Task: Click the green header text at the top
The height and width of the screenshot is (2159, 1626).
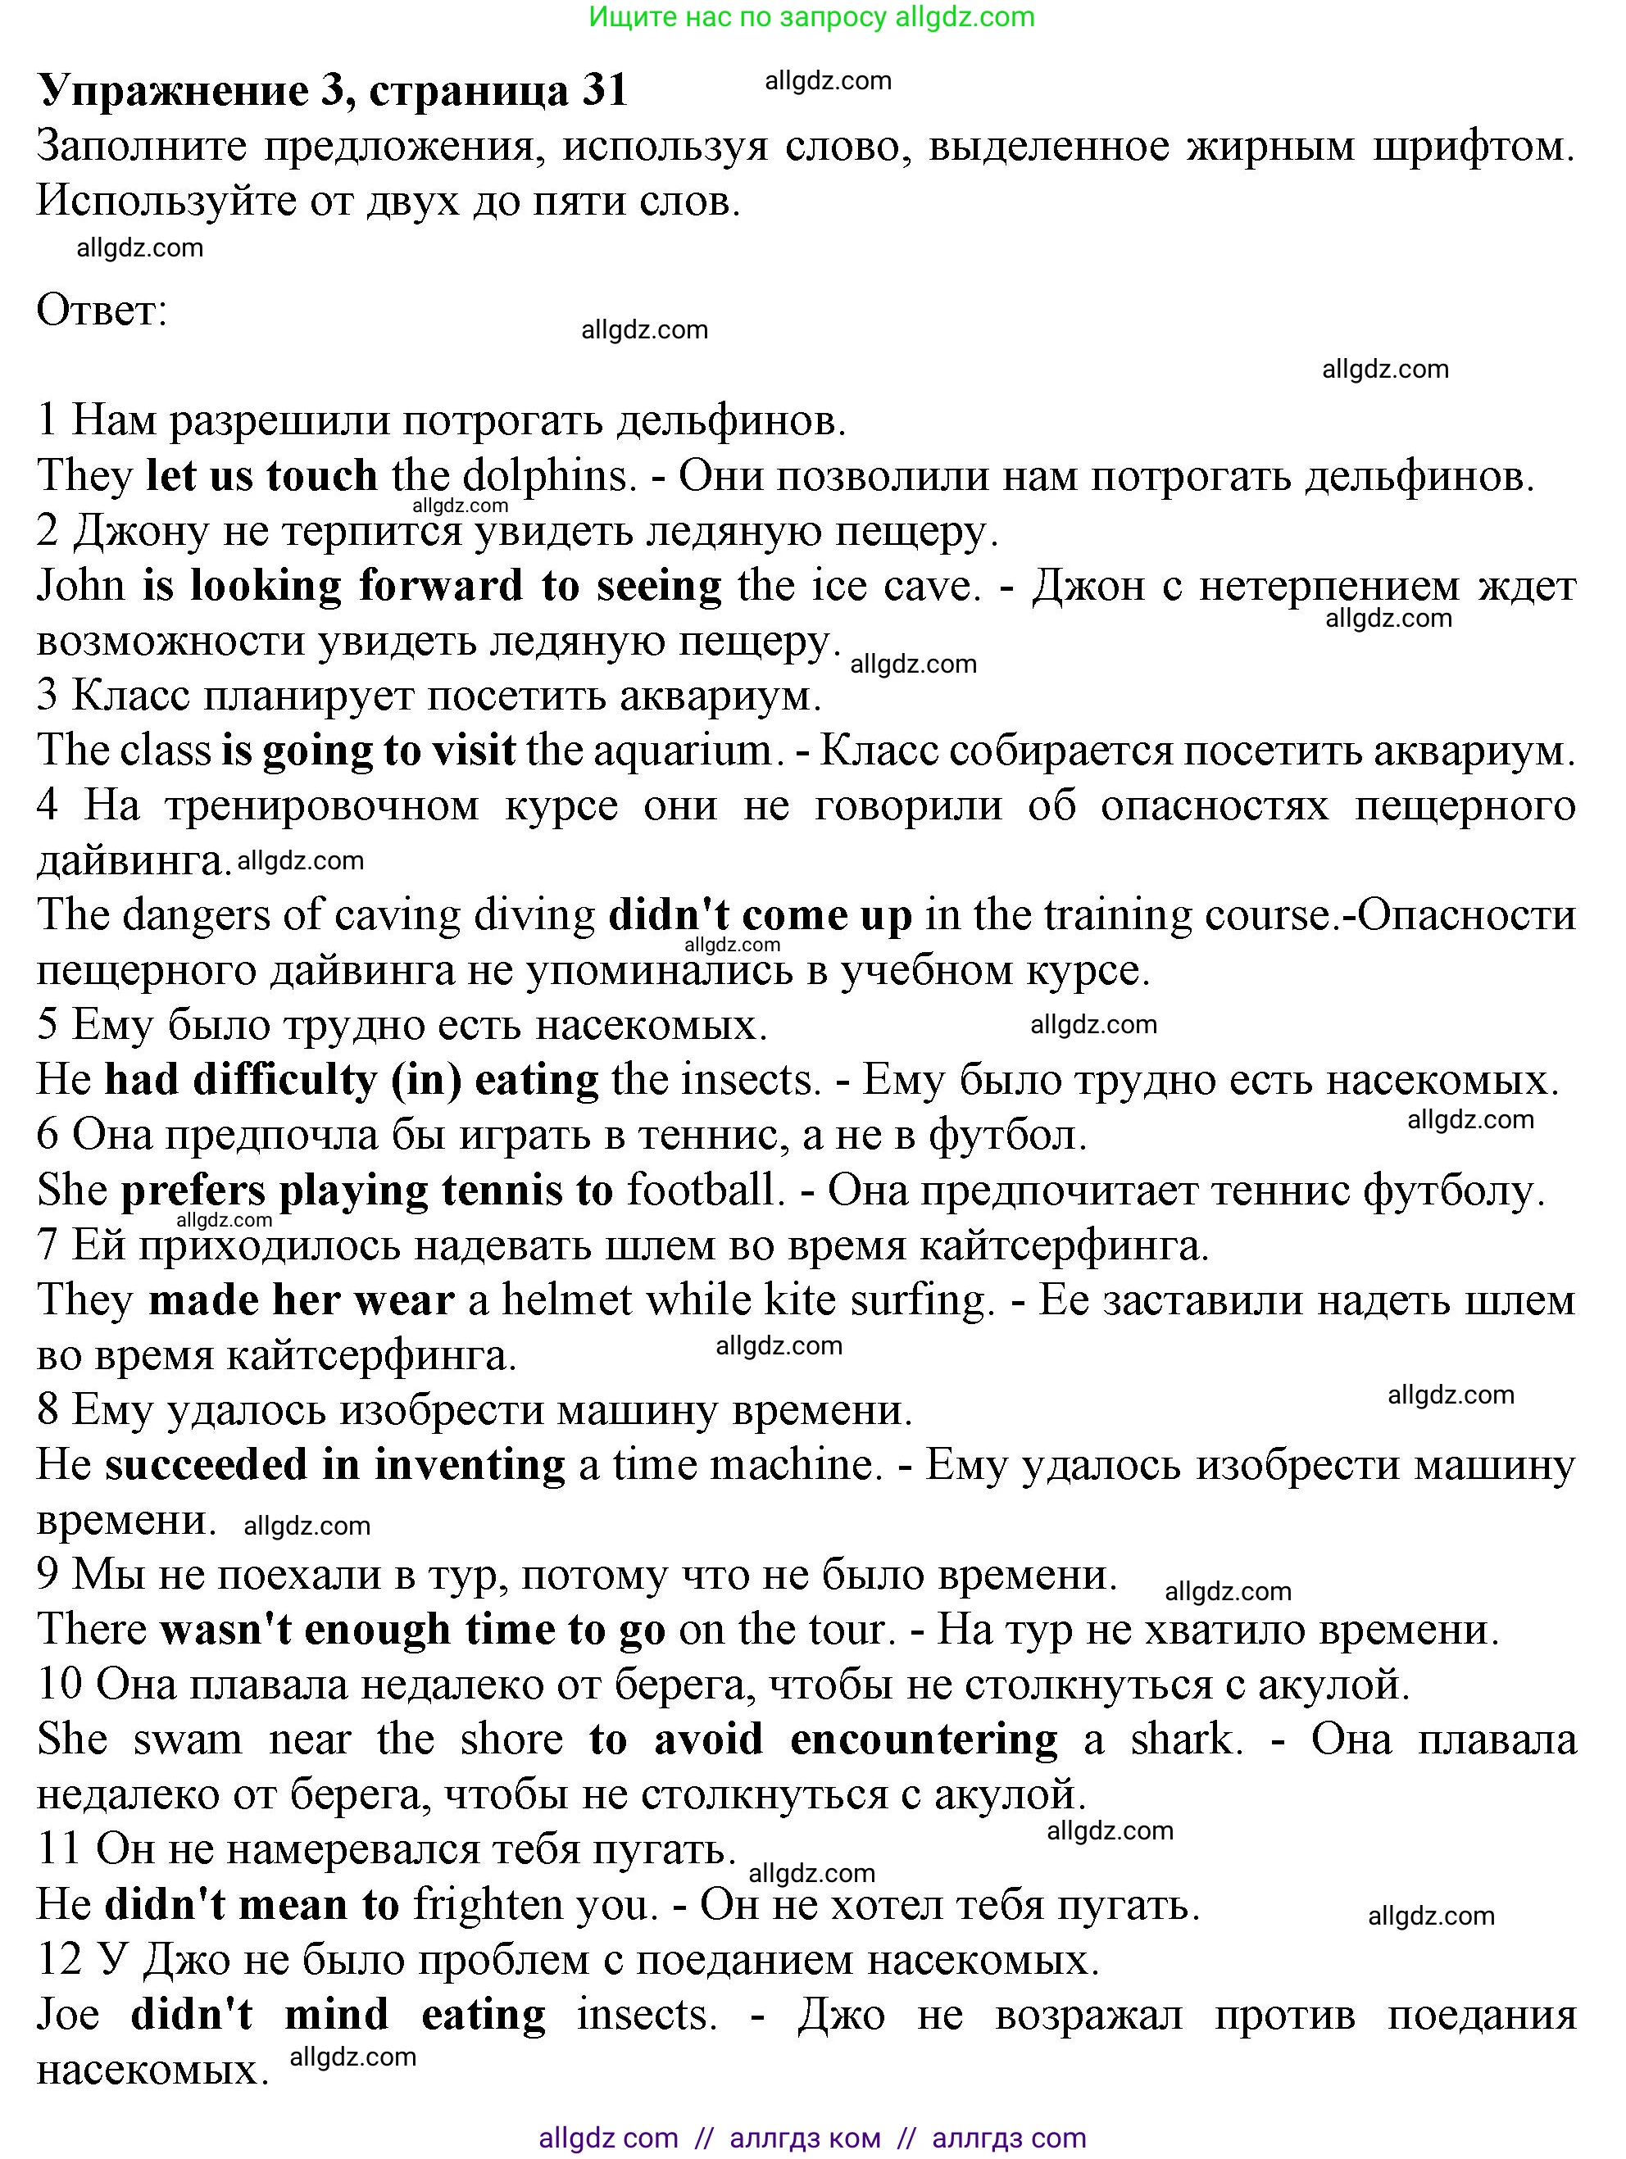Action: pos(812,17)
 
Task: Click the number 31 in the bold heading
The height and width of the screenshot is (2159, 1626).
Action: pos(604,90)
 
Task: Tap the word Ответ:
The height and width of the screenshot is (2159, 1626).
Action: pos(102,311)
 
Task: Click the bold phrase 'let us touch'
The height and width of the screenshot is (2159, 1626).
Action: pos(261,475)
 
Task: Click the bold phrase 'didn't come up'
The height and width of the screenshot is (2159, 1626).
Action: pos(760,914)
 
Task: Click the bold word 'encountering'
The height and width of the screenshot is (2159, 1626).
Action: pos(922,1739)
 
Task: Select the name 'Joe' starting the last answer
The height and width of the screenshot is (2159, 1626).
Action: pos(68,2014)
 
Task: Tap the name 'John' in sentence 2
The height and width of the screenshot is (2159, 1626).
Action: pos(81,586)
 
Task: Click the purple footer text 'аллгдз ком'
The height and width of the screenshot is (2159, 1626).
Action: pos(804,2138)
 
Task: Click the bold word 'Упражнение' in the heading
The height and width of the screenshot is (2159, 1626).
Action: pos(172,90)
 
